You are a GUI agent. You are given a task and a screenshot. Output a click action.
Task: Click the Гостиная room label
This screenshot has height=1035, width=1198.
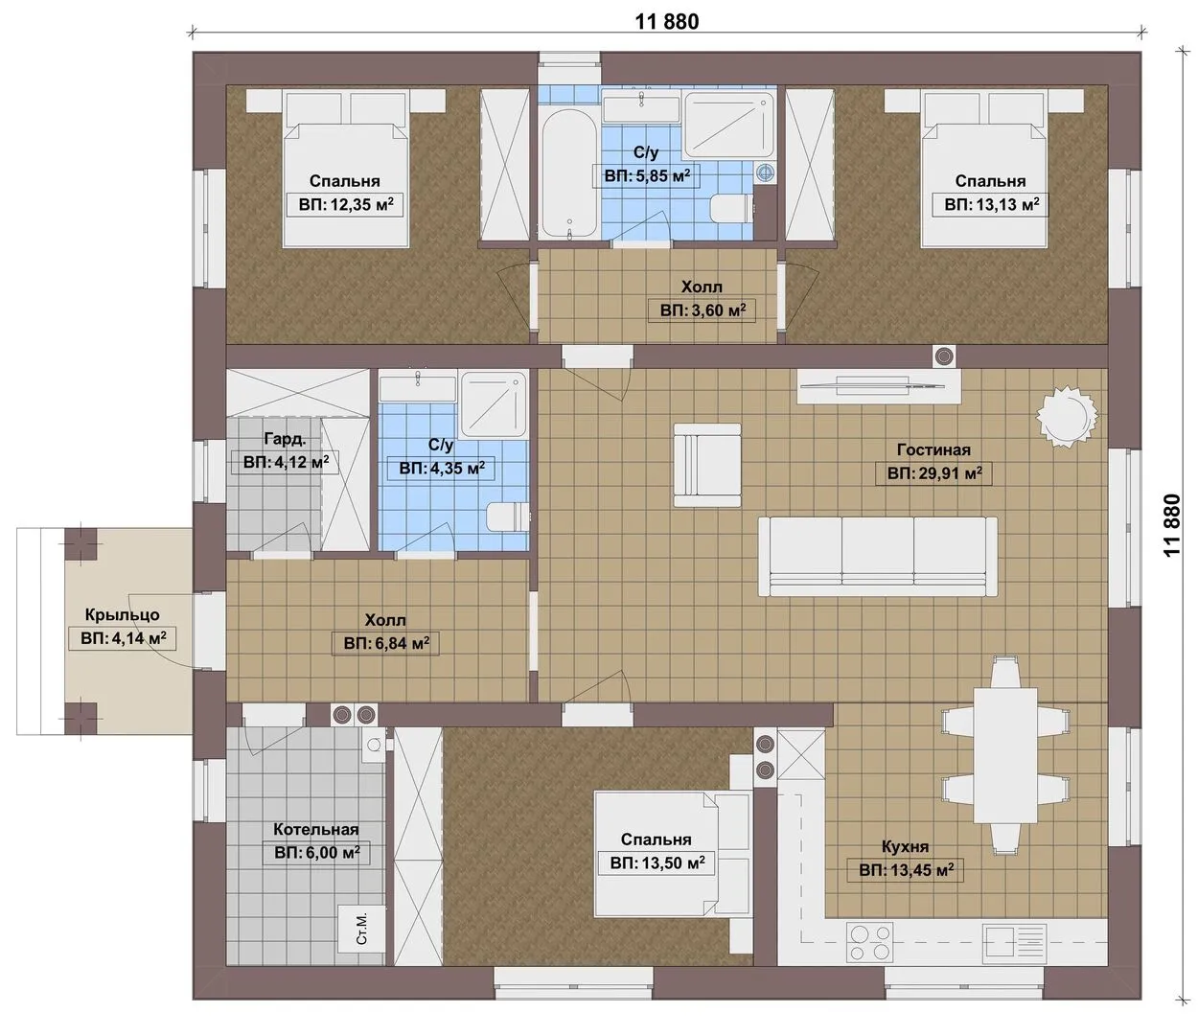933,449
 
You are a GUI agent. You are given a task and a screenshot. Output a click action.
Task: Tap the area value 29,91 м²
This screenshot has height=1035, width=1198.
934,473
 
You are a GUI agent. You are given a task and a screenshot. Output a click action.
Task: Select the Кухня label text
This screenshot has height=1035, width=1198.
905,846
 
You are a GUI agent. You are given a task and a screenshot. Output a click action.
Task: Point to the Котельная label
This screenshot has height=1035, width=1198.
316,829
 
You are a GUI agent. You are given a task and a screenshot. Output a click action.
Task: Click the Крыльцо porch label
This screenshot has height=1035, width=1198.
123,614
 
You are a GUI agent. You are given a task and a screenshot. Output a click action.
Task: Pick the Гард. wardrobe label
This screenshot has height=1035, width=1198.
285,439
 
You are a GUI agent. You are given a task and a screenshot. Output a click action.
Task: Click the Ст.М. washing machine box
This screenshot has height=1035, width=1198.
361,929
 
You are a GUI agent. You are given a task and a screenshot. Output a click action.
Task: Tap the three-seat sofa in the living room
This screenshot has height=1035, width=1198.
878,557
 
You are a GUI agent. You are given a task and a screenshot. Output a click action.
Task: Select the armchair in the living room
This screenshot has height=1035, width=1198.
707,466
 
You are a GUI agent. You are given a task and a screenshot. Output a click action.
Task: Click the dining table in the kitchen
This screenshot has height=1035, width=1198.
1005,755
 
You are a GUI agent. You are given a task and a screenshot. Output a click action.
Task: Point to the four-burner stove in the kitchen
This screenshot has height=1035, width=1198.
869,943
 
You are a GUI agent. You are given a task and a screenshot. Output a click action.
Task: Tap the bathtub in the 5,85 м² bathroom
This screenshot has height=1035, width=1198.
569,173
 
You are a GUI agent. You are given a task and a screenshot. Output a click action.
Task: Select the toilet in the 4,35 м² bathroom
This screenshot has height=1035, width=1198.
508,517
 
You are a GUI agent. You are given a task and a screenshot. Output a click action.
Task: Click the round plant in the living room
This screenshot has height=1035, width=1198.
1067,417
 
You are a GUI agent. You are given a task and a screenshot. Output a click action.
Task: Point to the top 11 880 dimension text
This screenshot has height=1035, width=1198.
667,21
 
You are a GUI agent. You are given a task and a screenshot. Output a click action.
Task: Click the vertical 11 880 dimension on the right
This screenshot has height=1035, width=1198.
1171,525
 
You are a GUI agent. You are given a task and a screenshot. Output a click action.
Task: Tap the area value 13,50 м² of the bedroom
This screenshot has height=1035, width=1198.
657,863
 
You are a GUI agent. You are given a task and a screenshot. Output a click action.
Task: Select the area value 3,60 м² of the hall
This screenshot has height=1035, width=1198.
703,310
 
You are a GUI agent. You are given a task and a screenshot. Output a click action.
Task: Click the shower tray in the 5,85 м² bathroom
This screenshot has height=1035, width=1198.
729,125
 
